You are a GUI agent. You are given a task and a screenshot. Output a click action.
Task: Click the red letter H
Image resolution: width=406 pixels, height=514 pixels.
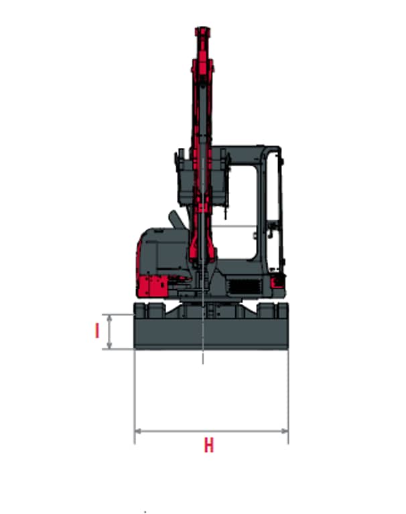click(209, 445)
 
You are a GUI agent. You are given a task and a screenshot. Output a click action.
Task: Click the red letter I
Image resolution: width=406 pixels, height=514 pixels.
click(97, 331)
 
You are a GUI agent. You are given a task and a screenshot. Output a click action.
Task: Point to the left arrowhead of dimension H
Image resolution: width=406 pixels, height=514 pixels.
click(139, 431)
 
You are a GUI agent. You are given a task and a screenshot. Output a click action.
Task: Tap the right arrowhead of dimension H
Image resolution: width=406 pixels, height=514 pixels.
click(285, 431)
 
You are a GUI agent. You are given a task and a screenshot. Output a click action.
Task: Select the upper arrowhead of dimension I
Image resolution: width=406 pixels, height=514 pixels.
click(110, 318)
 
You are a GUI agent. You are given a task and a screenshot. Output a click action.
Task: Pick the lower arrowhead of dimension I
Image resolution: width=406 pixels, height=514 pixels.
click(110, 345)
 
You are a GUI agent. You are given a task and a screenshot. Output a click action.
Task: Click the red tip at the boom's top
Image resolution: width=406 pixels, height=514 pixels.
click(202, 32)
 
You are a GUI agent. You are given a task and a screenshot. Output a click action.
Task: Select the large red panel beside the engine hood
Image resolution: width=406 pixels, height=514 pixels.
click(152, 286)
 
